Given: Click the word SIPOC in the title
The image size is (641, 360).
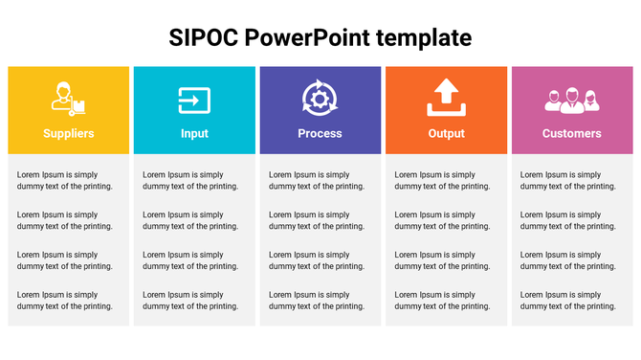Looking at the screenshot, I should tap(203, 37).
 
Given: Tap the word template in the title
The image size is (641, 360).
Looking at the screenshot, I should tap(424, 37).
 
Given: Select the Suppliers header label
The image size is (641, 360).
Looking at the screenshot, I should tap(69, 133).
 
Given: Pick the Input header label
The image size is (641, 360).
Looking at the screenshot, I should tap(194, 133).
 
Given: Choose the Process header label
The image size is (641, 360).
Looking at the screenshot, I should tap(320, 133).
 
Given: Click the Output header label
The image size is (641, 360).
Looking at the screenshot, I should tap(446, 133).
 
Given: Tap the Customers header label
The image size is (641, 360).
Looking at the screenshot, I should tap(571, 133).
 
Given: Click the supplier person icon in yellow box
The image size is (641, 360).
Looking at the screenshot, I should tap(67, 99).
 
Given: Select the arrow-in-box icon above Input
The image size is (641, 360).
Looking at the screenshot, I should tap(194, 100).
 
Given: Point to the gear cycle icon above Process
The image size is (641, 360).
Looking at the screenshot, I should tap(320, 99).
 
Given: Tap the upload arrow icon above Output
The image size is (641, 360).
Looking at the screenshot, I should tap(446, 98).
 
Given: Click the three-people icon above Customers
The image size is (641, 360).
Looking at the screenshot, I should tap(571, 99).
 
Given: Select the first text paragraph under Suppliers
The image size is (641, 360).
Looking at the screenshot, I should tap(65, 181).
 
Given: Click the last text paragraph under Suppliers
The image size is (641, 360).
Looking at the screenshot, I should tap(65, 301).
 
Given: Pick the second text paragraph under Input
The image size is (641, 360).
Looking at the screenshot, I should tap(190, 221).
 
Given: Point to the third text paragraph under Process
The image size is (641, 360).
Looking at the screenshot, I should tap(317, 260).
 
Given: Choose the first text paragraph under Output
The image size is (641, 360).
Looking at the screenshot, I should tap(442, 181).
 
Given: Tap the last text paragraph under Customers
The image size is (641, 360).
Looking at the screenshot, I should tap(568, 301).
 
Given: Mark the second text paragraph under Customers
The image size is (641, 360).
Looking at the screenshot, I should tap(568, 221).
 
